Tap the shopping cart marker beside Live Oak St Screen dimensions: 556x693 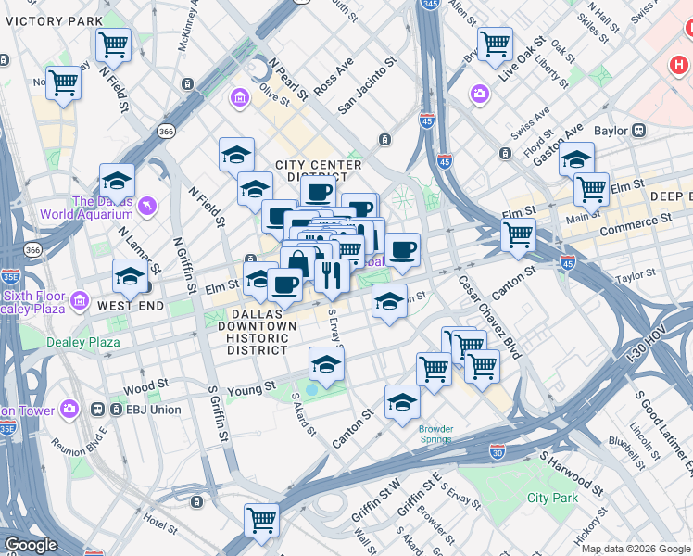click(x=495, y=43)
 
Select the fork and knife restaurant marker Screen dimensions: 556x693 click(x=331, y=273)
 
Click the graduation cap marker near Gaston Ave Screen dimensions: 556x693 click(x=576, y=158)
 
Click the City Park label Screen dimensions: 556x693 click(x=552, y=498)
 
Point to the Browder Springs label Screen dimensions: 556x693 click(x=435, y=434)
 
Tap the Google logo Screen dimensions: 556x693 click(x=30, y=545)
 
